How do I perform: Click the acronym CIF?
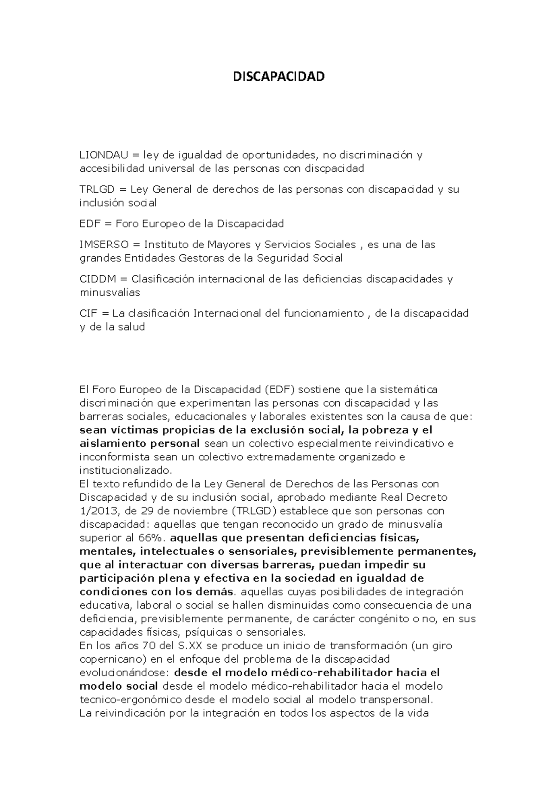(89, 313)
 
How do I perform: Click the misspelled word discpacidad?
(334, 168)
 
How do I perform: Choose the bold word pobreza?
(384, 430)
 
